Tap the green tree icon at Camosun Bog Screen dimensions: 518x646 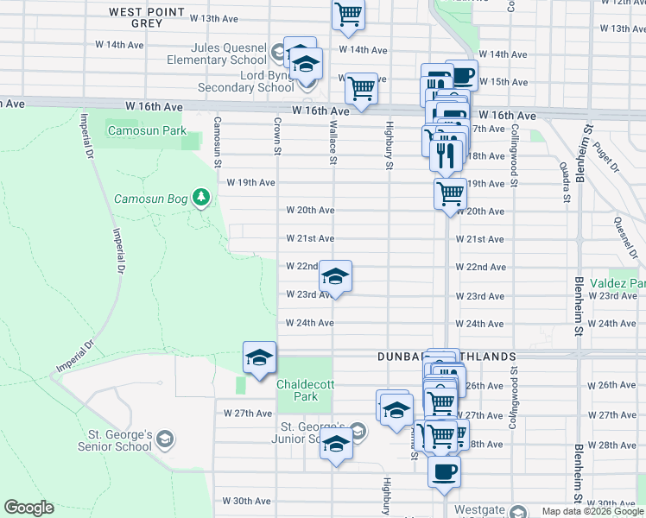click(x=201, y=199)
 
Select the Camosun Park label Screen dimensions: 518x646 click(x=147, y=131)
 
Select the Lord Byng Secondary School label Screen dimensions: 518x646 click(x=245, y=81)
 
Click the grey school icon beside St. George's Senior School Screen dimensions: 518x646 click(x=164, y=441)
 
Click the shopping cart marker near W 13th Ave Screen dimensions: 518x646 click(x=348, y=14)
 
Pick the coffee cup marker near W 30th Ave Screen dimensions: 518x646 click(x=445, y=472)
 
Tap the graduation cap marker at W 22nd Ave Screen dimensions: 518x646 click(x=335, y=276)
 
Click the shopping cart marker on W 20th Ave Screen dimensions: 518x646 click(x=450, y=193)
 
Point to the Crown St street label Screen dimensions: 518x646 click(x=278, y=137)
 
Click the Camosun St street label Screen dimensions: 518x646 click(x=218, y=142)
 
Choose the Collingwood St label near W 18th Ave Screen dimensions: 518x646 click(x=513, y=155)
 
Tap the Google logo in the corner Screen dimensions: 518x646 click(x=28, y=508)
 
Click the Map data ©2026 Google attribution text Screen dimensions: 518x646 click(x=592, y=511)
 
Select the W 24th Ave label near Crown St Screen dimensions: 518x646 click(x=310, y=323)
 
